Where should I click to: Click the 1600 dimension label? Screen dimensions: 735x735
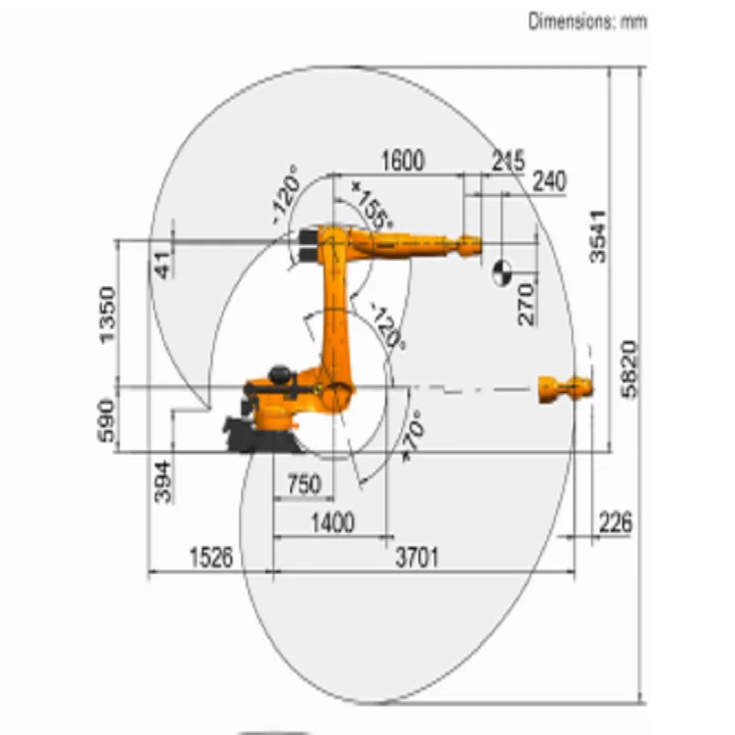[403, 161]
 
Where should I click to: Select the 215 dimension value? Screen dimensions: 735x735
[508, 161]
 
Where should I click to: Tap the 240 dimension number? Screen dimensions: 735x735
[550, 181]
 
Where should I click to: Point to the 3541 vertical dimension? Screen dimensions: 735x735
[598, 237]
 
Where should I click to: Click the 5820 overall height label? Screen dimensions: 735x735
[629, 369]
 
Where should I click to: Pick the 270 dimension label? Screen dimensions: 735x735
[526, 304]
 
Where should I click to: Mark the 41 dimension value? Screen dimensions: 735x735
[162, 266]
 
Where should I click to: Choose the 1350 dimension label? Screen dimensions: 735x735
[108, 315]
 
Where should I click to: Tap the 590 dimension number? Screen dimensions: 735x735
[106, 420]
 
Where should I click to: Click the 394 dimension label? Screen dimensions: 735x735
[163, 482]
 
